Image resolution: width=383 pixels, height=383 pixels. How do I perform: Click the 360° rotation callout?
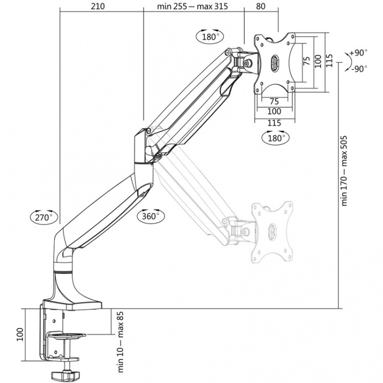[x=151, y=216]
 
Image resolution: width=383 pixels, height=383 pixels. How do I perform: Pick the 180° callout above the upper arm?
[x=209, y=37]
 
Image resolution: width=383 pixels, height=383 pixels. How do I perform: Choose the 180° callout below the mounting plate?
[x=275, y=138]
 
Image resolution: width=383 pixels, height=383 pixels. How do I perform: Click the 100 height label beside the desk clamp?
[x=19, y=334]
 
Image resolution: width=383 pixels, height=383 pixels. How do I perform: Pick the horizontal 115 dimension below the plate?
[x=275, y=123]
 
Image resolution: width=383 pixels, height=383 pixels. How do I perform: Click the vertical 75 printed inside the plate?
[x=306, y=61]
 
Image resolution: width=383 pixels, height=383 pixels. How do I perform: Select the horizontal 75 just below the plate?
[x=274, y=101]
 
